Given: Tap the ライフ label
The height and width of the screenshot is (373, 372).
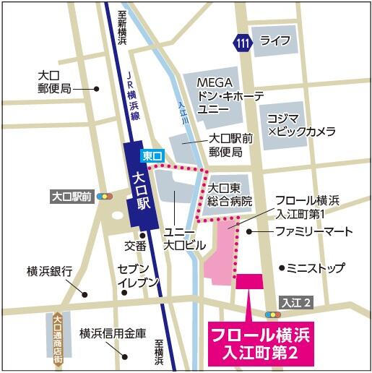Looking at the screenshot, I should pos(276,40).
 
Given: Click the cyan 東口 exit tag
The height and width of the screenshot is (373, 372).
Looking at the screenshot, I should pos(152,155).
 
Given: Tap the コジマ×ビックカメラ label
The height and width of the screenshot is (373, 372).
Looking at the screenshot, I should pos(301,124).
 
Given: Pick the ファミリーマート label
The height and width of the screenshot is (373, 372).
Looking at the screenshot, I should pos(313,231).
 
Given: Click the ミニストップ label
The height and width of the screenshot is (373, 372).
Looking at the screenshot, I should pos(315,267).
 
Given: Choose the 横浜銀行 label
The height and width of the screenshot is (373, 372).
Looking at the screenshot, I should pos(50,272).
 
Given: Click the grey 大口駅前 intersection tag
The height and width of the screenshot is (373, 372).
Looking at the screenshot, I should pos(72,195).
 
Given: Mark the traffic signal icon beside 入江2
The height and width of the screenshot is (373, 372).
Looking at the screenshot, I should pos(273,314).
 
